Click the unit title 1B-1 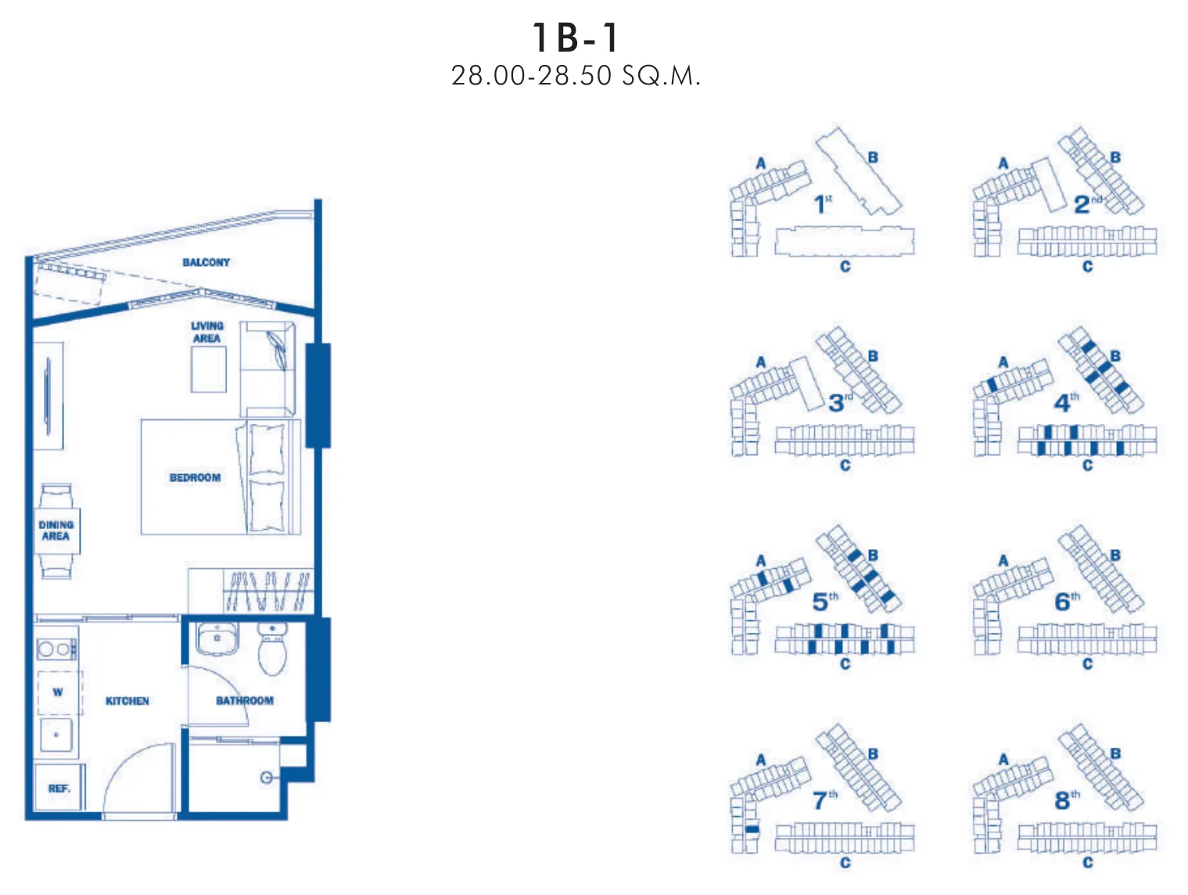click(x=576, y=38)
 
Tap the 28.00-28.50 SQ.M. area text click(x=576, y=75)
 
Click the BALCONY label click(x=206, y=263)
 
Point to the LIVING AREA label click(x=206, y=332)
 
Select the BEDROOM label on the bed click(x=195, y=477)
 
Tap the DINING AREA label click(x=56, y=530)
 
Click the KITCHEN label click(x=127, y=701)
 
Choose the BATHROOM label click(x=245, y=701)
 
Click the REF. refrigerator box click(x=59, y=788)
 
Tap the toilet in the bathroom click(x=272, y=649)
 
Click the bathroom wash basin click(x=217, y=639)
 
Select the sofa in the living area click(x=268, y=368)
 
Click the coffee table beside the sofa click(x=208, y=369)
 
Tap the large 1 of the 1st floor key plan click(x=820, y=205)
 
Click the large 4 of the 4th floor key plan click(x=1061, y=404)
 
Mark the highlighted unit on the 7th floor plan click(x=752, y=829)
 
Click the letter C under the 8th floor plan click(x=1087, y=862)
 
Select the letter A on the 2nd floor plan click(x=1003, y=163)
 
